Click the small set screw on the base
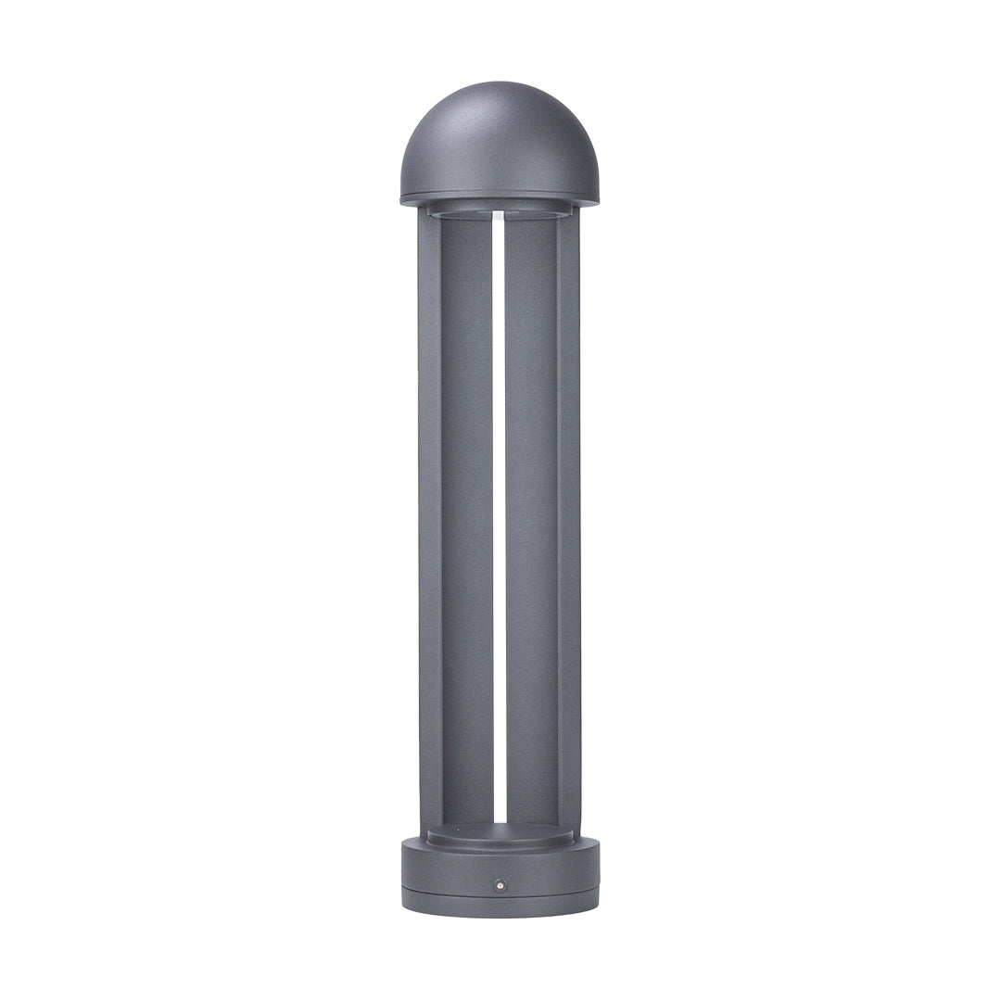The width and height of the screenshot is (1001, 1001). [500, 885]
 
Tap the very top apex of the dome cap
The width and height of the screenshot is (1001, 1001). [500, 83]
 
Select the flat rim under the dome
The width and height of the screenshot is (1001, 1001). [500, 198]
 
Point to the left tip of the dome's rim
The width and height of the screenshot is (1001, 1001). [402, 197]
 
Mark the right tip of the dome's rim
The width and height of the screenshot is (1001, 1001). [598, 197]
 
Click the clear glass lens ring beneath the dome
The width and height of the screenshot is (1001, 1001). [500, 213]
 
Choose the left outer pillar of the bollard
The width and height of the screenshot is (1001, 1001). [429, 519]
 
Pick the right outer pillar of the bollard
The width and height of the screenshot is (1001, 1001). [569, 519]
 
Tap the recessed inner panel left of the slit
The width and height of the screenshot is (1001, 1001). [466, 519]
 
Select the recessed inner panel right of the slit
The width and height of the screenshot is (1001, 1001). [531, 519]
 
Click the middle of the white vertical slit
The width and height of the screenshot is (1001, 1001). [500, 519]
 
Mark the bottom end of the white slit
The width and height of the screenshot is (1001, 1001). [500, 820]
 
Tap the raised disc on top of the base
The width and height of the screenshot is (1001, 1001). [500, 834]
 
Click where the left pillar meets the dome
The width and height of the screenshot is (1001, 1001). [429, 209]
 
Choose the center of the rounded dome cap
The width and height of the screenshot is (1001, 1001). [500, 144]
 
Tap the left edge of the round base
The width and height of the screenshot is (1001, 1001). [403, 871]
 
